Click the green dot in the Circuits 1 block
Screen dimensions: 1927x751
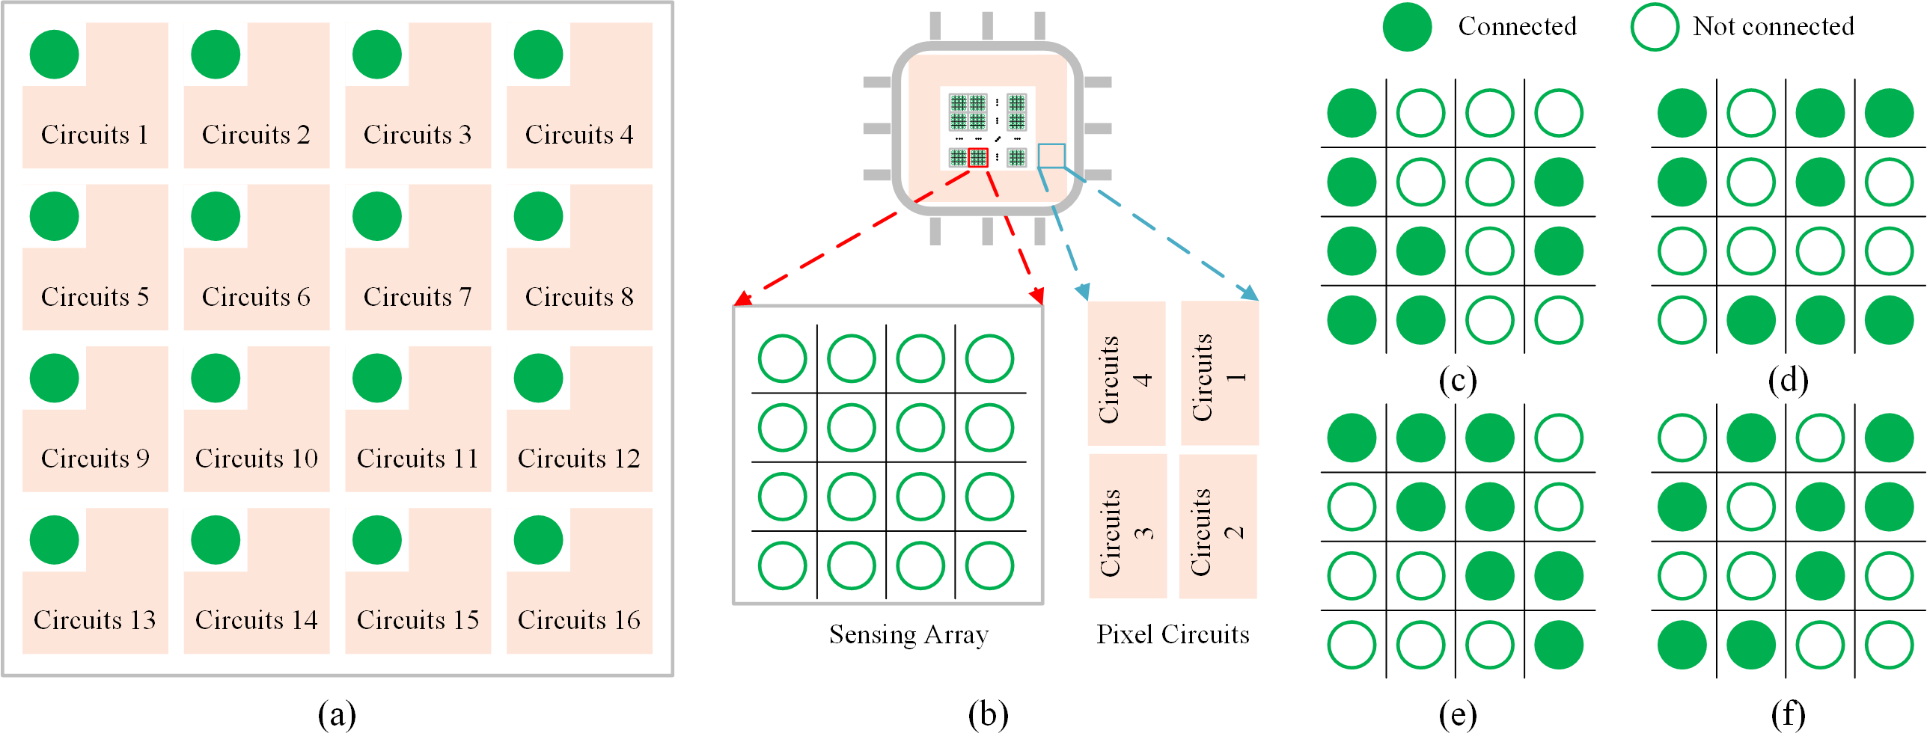coord(54,55)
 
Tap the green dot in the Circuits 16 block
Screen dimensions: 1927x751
coord(538,540)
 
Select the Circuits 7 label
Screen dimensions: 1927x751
coord(418,297)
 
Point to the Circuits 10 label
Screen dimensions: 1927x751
coord(257,459)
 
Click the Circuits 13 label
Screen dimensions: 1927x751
coord(95,620)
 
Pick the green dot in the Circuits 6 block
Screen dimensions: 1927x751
coord(216,216)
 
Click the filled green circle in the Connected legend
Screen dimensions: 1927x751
coord(1407,27)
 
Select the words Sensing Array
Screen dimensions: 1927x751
coord(908,635)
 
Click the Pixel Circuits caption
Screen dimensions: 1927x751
coord(1173,634)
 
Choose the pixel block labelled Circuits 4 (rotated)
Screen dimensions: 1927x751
coord(1126,373)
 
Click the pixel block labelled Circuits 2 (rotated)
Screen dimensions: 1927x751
coord(1218,527)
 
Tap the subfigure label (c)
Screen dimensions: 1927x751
coord(1457,381)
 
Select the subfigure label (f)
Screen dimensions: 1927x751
coord(1788,714)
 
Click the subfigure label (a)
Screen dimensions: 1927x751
coord(337,714)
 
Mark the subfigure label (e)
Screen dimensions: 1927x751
coord(1457,714)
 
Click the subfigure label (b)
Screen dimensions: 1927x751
coord(988,714)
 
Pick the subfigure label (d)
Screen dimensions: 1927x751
coord(1788,381)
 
